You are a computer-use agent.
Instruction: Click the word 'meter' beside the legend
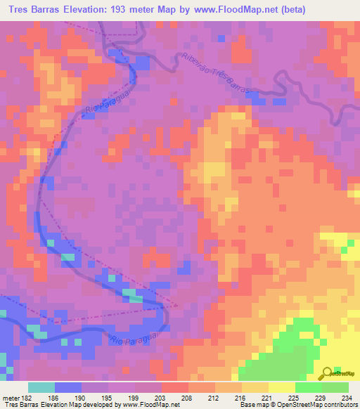pyautogui.click(x=11, y=398)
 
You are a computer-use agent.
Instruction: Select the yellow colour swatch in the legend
pyautogui.click(x=281, y=387)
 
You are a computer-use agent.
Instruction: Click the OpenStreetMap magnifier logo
pyautogui.click(x=326, y=372)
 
